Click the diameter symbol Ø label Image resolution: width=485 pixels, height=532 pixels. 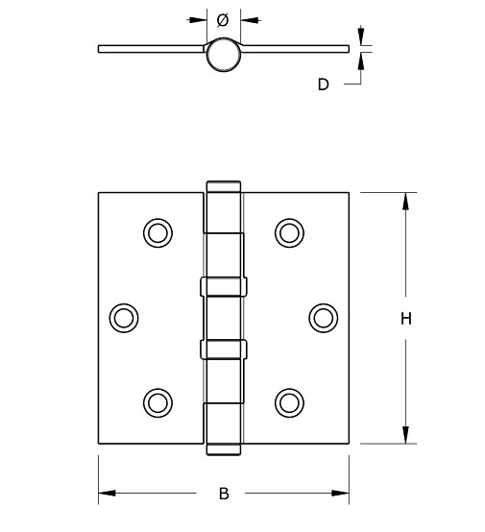(223, 18)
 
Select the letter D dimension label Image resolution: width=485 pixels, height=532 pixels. (324, 85)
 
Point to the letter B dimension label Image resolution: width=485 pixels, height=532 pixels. (224, 495)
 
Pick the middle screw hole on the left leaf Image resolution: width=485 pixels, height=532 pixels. (123, 317)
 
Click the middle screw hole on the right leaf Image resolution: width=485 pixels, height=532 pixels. (324, 317)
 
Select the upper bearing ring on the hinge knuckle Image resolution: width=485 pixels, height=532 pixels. (223, 286)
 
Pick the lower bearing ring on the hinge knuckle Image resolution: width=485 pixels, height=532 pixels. (223, 347)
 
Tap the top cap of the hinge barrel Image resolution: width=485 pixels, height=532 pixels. (223, 185)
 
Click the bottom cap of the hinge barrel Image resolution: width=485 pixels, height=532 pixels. (223, 448)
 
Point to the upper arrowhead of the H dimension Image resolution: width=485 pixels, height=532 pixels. (406, 202)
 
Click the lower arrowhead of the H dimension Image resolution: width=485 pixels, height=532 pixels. (406, 434)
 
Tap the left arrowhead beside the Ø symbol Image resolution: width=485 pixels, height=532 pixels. (200, 18)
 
